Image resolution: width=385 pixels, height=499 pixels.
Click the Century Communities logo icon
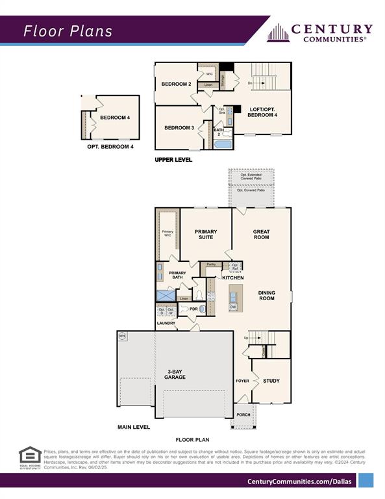[278, 32]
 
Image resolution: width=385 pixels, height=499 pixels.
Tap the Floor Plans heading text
[68, 31]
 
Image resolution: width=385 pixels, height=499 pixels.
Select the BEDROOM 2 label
[175, 84]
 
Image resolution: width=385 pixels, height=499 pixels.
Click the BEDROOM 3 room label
[179, 127]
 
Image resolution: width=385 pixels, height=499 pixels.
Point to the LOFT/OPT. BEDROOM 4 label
[263, 112]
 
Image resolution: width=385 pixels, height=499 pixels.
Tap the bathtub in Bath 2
[222, 144]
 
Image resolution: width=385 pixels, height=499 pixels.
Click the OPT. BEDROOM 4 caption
[110, 147]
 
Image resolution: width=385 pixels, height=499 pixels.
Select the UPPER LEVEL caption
[173, 159]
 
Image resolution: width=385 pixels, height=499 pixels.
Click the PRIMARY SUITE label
[206, 235]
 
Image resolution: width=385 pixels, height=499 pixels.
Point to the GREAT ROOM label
[262, 235]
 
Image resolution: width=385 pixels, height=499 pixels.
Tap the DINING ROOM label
[267, 296]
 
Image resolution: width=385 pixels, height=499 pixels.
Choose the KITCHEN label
[233, 277]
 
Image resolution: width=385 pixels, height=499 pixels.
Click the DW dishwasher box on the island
[232, 307]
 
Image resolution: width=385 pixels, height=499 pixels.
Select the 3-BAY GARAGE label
[175, 374]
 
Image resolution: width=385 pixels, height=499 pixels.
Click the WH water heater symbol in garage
[122, 336]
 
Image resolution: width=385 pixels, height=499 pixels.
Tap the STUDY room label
[271, 381]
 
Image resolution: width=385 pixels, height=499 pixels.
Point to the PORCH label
[243, 415]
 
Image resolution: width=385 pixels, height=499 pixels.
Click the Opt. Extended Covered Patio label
[250, 177]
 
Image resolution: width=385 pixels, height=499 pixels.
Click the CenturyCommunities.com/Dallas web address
[300, 481]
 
